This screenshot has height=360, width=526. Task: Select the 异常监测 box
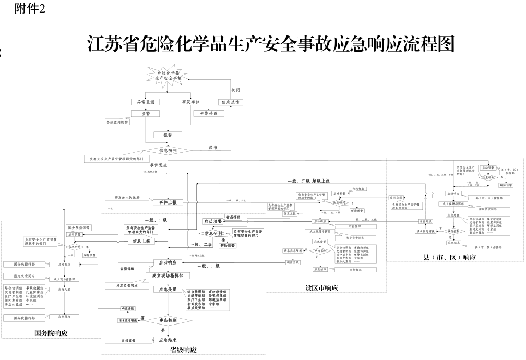click(145, 102)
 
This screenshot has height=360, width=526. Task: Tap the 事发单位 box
click(191, 102)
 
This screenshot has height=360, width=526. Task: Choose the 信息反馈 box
click(230, 102)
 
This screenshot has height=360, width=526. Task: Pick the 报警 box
click(167, 135)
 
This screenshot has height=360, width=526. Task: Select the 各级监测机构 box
click(117, 122)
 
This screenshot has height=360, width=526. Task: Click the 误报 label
click(213, 147)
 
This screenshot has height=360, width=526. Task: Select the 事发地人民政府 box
click(121, 198)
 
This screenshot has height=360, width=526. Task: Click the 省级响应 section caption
click(183, 350)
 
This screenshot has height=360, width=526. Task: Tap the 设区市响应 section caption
click(322, 287)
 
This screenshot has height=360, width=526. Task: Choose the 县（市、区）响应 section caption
click(450, 257)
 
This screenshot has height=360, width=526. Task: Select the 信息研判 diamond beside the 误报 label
click(168, 151)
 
